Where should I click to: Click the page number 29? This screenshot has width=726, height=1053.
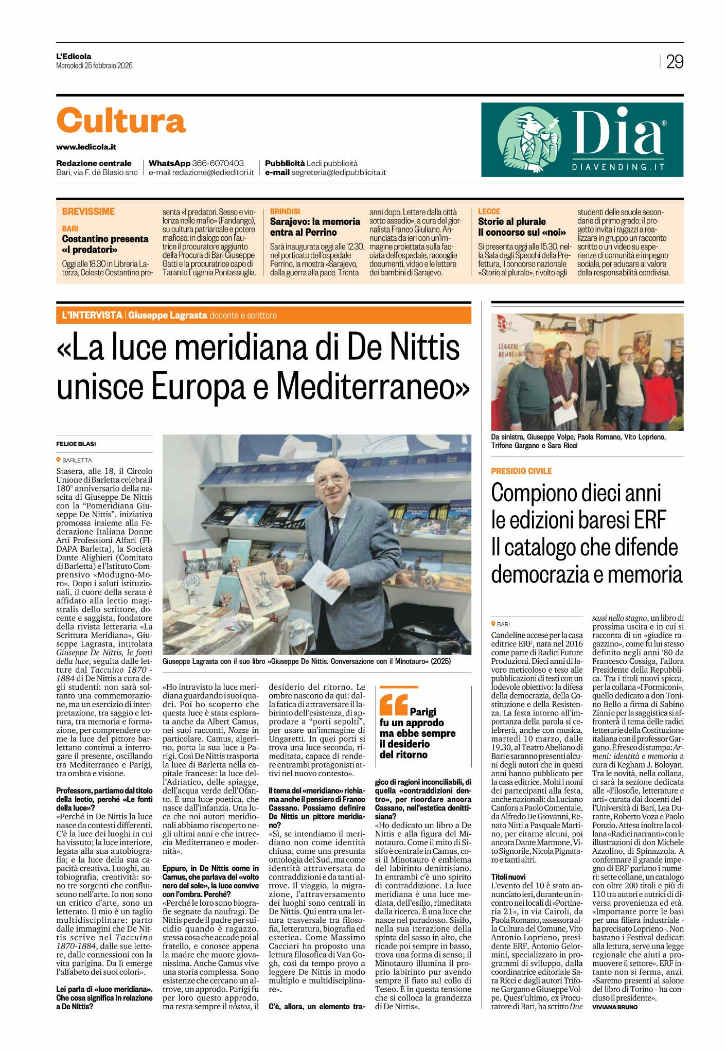coord(675,62)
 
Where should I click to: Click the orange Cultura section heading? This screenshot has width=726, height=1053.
coord(121,121)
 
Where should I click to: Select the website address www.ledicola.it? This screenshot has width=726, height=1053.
coord(86,147)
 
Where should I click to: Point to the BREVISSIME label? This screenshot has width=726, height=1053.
coord(88,212)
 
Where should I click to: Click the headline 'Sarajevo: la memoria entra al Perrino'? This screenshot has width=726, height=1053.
coord(315,227)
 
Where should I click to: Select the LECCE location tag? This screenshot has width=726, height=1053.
coord(489,212)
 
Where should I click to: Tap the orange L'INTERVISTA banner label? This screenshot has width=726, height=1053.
coord(89,315)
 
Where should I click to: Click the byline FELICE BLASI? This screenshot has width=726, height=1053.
coord(76,444)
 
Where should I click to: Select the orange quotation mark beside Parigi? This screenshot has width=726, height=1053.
coord(393,706)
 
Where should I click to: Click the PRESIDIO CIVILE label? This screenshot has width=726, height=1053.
coord(521,471)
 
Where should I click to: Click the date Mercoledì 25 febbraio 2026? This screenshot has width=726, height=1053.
coord(94,65)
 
